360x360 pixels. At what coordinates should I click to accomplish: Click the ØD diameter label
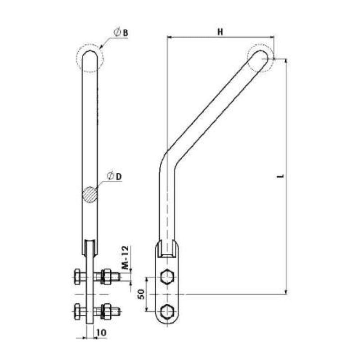(x=115, y=176)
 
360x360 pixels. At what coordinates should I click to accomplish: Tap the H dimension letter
(x=220, y=31)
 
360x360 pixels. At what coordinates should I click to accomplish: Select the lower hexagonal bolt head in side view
(x=167, y=311)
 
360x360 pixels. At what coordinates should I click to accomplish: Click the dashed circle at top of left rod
(x=90, y=58)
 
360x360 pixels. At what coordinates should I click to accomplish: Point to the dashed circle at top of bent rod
(x=261, y=58)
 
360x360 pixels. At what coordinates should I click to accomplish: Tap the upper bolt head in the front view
(x=77, y=276)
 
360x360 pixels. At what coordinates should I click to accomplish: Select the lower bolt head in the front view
(x=77, y=311)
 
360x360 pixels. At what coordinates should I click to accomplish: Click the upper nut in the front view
(x=107, y=276)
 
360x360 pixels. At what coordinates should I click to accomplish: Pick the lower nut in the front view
(x=107, y=311)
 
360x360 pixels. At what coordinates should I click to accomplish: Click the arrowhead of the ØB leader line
(x=102, y=47)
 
